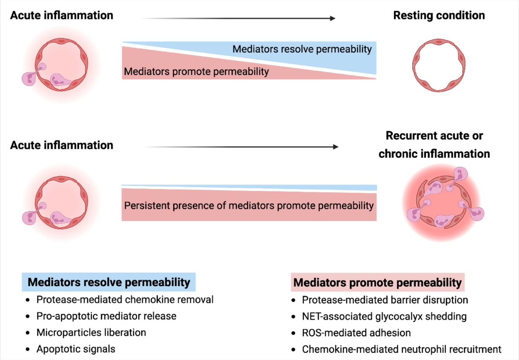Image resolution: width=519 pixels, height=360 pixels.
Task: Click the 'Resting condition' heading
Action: click(x=439, y=16)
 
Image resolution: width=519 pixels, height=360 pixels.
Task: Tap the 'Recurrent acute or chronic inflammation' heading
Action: click(x=434, y=145)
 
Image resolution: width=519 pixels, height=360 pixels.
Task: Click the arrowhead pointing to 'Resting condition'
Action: click(x=333, y=18)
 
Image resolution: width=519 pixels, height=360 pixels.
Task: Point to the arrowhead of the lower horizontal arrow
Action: click(x=336, y=147)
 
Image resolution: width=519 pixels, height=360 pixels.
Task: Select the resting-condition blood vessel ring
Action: click(x=413, y=66)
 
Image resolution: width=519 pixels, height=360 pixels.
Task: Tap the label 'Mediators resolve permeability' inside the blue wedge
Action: click(x=302, y=49)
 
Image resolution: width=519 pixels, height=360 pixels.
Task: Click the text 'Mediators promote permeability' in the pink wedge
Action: click(x=196, y=72)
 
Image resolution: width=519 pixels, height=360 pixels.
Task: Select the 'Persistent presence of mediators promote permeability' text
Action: click(x=249, y=206)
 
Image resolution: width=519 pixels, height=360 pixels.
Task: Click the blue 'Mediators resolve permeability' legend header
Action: click(x=109, y=282)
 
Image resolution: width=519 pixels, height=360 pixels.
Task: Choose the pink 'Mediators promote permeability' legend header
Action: click(x=378, y=283)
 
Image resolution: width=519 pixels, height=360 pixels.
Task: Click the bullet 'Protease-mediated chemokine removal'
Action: click(x=125, y=299)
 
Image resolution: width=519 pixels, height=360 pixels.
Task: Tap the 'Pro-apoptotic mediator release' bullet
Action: click(x=106, y=316)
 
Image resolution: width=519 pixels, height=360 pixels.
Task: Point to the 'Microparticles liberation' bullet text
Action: click(x=91, y=333)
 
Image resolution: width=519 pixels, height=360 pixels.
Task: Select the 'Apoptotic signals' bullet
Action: click(x=76, y=349)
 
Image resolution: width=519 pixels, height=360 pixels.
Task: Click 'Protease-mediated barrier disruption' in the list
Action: click(x=385, y=300)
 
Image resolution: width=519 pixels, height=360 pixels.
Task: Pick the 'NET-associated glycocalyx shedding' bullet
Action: click(x=384, y=316)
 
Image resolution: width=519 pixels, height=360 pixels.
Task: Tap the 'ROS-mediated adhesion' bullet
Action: click(x=356, y=333)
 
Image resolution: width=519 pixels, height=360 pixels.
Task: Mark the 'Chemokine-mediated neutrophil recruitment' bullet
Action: click(x=401, y=349)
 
